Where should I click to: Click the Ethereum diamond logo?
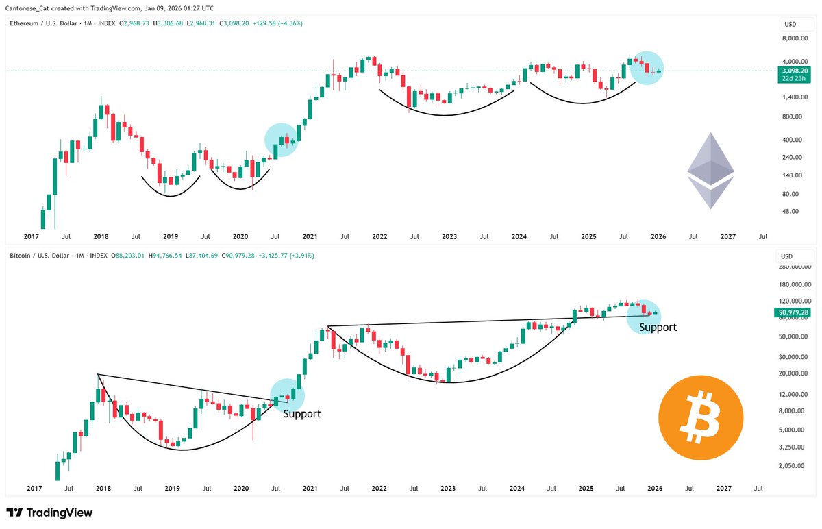[x=710, y=171]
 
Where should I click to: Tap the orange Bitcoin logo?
[x=700, y=417]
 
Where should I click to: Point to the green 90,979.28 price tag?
[x=794, y=312]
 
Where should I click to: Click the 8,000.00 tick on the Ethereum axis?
[x=791, y=40]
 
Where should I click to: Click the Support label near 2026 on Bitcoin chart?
[x=658, y=328]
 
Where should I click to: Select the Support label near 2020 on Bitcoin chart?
[x=301, y=414]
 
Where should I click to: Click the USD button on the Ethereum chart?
[x=790, y=24]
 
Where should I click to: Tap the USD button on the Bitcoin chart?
[x=790, y=256]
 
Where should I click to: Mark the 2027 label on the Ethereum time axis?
[x=727, y=236]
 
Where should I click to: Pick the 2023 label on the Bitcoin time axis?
[x=448, y=489]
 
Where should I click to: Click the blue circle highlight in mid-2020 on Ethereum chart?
[x=281, y=140]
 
